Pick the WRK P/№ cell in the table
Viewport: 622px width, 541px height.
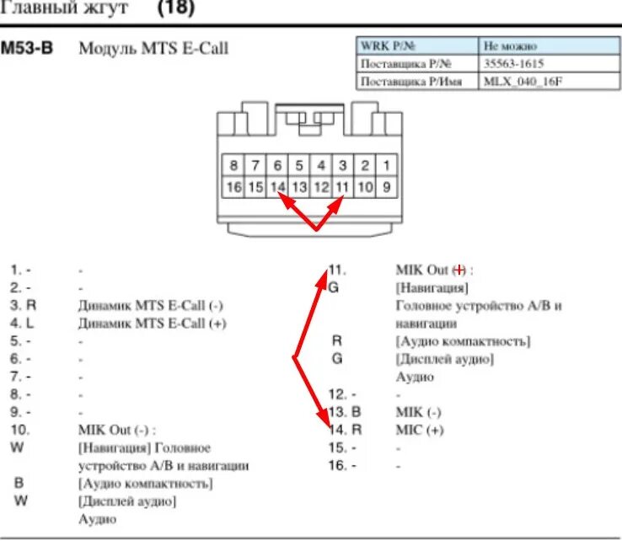pos(389,46)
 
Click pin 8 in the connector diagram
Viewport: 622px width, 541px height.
pos(233,165)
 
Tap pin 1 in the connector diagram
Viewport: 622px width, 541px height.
pos(386,165)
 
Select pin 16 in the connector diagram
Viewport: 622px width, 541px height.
pos(233,187)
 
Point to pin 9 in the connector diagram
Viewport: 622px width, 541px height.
pos(386,187)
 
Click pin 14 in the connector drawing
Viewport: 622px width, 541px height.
pos(278,187)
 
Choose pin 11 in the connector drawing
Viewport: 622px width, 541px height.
pos(342,187)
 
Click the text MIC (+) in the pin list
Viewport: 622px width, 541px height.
pos(419,430)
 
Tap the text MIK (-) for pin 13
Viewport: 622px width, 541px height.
pos(418,412)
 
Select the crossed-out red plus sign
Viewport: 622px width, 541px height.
pos(459,270)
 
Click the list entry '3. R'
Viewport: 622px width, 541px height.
pos(24,305)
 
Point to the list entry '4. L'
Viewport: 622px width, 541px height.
pos(24,323)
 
